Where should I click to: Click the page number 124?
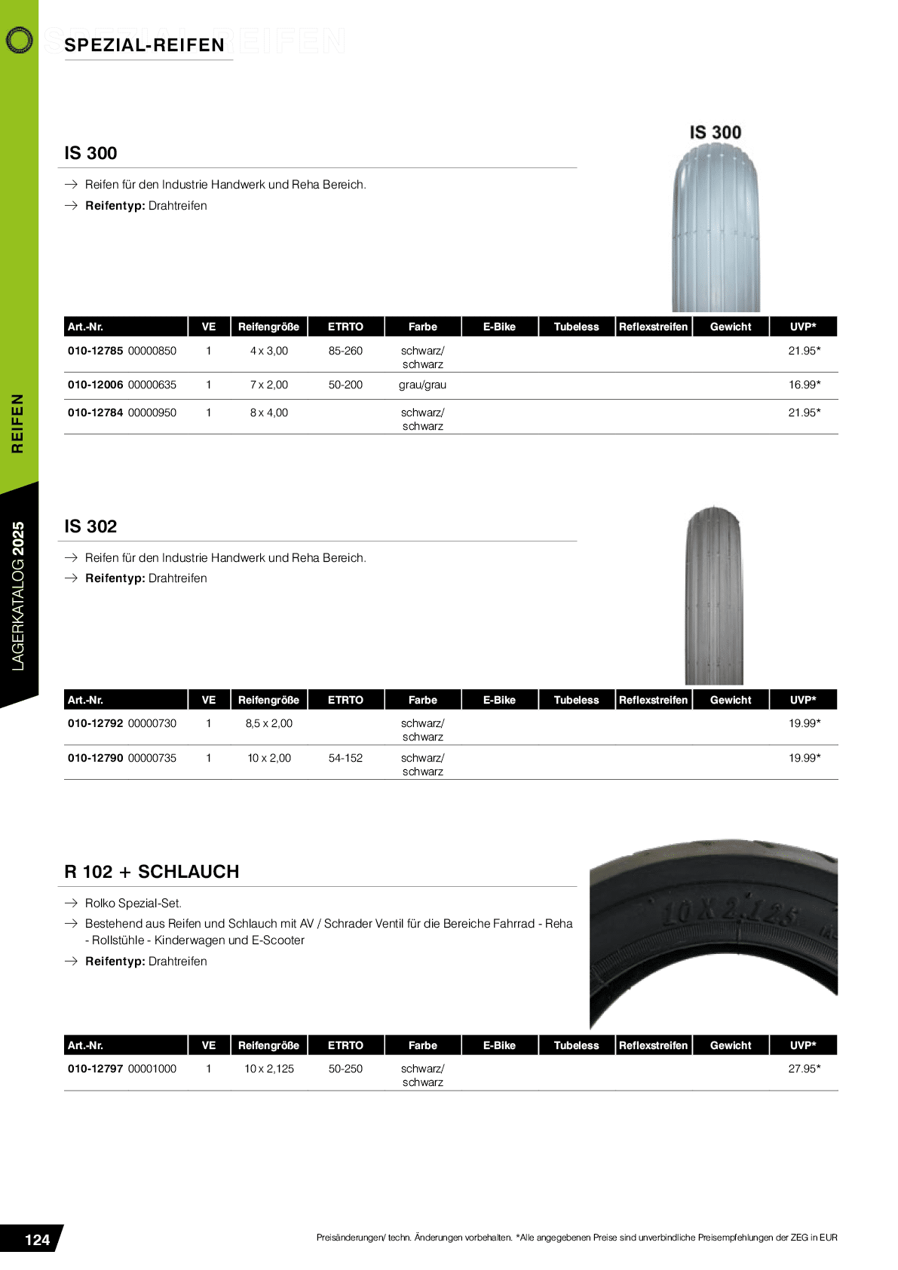[37, 1240]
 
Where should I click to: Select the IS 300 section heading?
[90, 153]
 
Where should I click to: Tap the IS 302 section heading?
[90, 526]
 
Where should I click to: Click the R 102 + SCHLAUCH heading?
[152, 872]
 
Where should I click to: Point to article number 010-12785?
[95, 351]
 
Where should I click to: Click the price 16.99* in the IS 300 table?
[804, 385]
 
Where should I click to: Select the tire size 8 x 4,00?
[269, 413]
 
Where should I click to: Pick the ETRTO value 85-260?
[345, 351]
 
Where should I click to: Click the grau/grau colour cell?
[422, 385]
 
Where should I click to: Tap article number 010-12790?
[95, 758]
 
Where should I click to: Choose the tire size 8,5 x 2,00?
[269, 723]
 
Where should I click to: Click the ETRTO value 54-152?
[345, 758]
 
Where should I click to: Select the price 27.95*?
[804, 1069]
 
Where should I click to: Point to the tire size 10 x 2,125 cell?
[269, 1069]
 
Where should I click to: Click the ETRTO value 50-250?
[345, 1069]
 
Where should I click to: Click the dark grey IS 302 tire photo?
[713, 596]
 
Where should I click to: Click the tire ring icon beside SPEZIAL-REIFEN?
[19, 40]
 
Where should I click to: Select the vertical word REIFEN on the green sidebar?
[17, 423]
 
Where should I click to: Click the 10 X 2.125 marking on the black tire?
[728, 913]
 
